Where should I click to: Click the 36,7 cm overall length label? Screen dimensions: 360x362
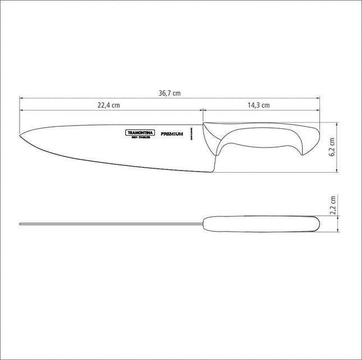coord(169,94)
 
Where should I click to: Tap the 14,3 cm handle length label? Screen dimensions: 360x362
coord(258,105)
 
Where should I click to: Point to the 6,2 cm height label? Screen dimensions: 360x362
coord(332,147)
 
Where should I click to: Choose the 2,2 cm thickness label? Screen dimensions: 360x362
coord(332,205)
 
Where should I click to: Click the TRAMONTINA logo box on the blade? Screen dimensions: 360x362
coord(136,133)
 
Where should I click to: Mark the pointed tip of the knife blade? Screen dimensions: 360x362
coord(21,135)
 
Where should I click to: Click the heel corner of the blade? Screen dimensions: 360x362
coord(213,171)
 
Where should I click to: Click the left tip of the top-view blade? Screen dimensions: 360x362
coord(21,225)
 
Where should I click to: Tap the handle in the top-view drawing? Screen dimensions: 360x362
coord(258,224)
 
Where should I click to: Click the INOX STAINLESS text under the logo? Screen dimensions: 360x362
coord(136,138)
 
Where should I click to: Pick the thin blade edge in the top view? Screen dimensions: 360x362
coord(112,225)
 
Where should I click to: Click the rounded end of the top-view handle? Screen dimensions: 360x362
coord(317,224)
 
